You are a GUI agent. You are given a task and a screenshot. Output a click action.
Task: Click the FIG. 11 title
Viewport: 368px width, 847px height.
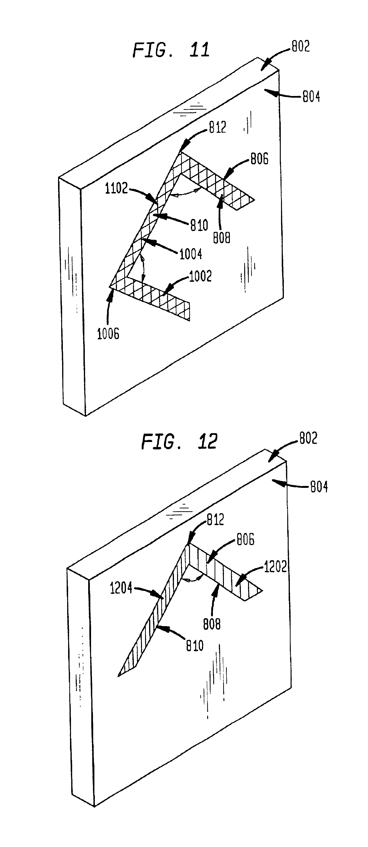coord(171,50)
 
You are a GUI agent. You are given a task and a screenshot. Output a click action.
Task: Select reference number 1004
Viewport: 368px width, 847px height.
coord(191,254)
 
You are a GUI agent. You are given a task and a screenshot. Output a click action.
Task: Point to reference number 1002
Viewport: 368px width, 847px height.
coord(200,276)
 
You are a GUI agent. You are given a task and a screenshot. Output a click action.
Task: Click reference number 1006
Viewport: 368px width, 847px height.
coord(108,334)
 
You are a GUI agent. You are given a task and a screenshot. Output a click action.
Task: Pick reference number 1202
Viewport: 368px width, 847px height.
coord(276,567)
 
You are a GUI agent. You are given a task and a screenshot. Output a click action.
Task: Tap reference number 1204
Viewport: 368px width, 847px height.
coord(121,588)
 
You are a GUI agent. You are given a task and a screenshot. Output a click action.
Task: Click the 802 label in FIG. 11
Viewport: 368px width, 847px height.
coord(301,47)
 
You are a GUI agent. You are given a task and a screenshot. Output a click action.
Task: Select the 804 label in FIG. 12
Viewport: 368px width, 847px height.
coord(319,487)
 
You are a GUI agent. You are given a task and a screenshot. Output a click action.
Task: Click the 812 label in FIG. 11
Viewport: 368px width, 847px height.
coord(218,128)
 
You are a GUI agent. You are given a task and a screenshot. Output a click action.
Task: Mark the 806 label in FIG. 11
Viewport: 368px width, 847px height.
coord(259,159)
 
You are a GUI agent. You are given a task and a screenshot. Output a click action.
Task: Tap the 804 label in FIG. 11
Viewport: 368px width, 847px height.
coord(311,97)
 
